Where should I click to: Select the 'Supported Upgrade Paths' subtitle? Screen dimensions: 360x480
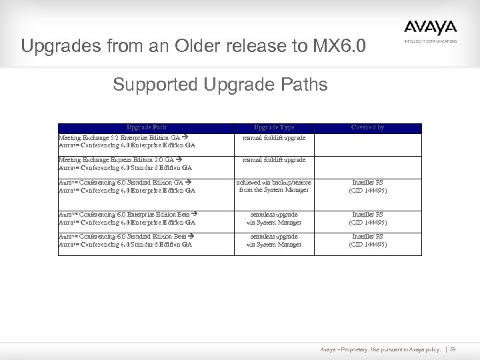220,86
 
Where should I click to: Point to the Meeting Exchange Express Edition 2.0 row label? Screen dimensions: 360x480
127,164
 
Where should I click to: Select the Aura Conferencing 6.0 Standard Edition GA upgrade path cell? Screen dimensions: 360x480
127,186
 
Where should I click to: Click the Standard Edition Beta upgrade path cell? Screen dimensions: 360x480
127,241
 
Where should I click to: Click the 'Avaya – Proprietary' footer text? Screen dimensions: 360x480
381,349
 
